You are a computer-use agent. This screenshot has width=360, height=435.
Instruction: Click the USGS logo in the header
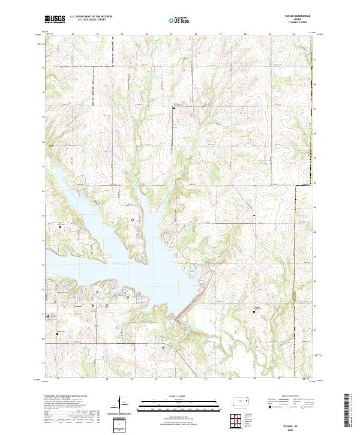tap(55, 19)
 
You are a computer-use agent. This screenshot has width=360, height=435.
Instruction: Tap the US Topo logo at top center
tap(177, 20)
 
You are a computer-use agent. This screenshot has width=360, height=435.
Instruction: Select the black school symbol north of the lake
tap(174, 109)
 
